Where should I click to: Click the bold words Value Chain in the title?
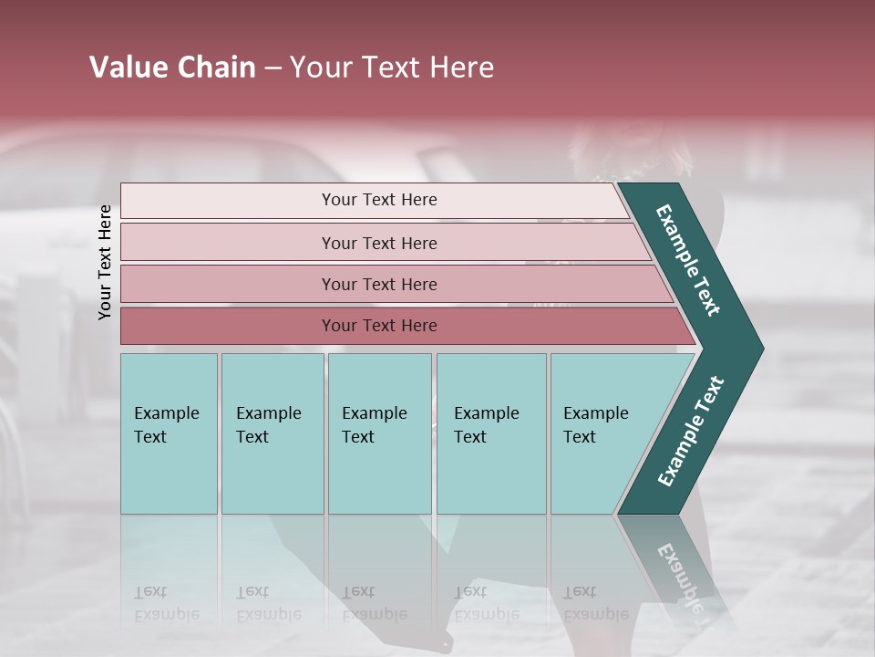click(172, 68)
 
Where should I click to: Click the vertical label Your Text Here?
click(106, 262)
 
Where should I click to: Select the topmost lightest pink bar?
click(378, 200)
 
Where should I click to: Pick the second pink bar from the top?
click(378, 243)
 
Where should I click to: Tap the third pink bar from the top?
click(378, 284)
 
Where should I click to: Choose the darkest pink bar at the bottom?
click(378, 326)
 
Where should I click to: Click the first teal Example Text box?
click(169, 433)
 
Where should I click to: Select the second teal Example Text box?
click(272, 433)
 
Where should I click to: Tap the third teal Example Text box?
click(379, 433)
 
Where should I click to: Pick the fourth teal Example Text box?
click(490, 433)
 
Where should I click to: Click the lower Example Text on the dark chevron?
click(691, 431)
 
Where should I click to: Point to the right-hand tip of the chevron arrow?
click(761, 349)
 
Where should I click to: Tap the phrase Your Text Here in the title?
click(392, 68)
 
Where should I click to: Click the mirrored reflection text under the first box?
click(167, 603)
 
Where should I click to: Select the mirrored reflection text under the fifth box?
click(596, 603)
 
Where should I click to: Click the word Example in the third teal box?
click(374, 413)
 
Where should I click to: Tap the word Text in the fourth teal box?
click(470, 437)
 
